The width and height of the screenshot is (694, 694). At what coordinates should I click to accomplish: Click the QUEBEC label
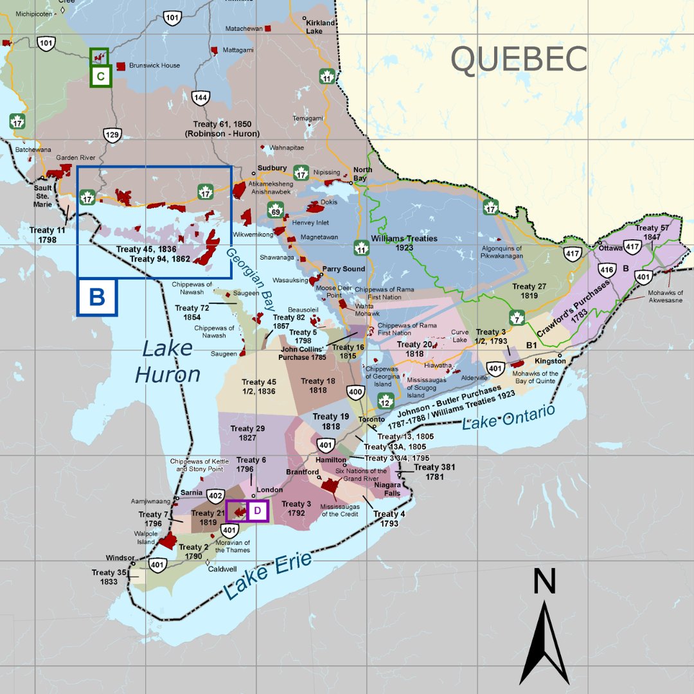tap(519, 59)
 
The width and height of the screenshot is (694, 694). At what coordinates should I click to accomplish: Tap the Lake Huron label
tap(168, 361)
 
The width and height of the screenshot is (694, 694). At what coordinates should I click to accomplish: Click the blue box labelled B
tap(97, 297)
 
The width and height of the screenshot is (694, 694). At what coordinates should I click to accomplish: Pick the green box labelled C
tap(101, 76)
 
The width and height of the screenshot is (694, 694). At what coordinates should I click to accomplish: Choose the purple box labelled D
tap(257, 511)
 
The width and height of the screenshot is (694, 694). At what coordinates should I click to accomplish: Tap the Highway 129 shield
tap(112, 135)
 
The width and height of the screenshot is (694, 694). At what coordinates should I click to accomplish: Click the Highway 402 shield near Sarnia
tap(215, 495)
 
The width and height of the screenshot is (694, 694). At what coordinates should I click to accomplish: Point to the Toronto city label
tap(371, 420)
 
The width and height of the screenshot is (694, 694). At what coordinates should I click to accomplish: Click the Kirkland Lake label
tap(321, 27)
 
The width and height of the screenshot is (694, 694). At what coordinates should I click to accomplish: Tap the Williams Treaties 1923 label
tap(404, 243)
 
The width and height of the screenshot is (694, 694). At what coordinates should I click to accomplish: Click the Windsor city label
tap(120, 558)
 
